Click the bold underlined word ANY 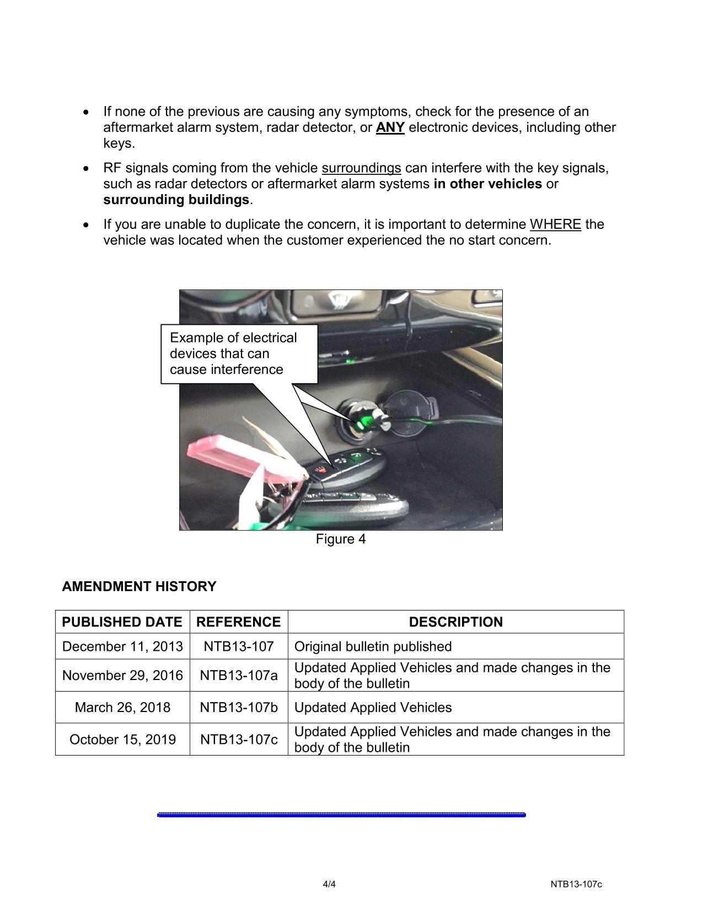(390, 127)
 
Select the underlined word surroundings (361, 168)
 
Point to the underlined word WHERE (555, 224)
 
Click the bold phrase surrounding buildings (176, 200)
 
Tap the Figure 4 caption (340, 539)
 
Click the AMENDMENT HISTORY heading (139, 586)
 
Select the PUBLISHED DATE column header (122, 622)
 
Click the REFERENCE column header (238, 622)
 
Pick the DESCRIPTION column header (455, 622)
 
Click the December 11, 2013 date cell (122, 646)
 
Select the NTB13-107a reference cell (238, 676)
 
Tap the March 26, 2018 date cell (122, 708)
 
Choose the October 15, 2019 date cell (122, 740)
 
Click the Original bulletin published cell (373, 646)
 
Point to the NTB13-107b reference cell (238, 708)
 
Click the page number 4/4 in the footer (329, 884)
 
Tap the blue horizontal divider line (341, 815)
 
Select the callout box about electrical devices (239, 354)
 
